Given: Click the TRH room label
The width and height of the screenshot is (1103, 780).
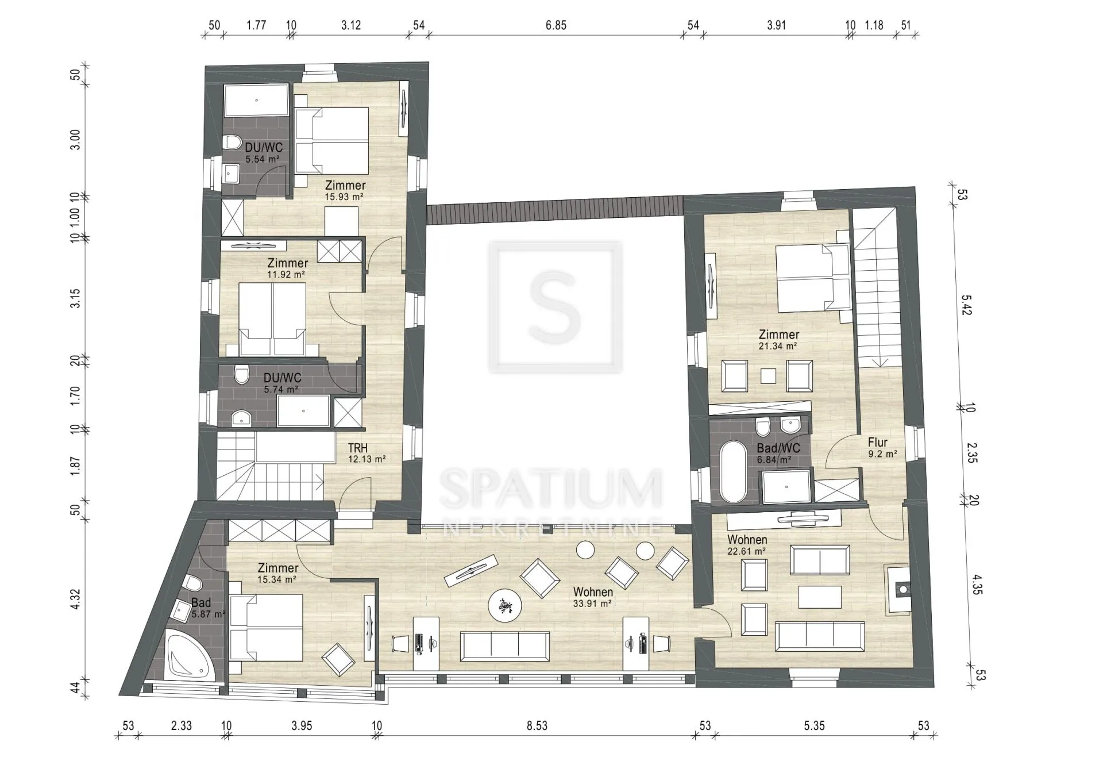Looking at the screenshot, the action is (x=358, y=448).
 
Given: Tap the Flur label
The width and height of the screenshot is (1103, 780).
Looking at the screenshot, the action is (x=878, y=442).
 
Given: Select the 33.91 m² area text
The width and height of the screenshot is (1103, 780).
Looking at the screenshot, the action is (x=592, y=604).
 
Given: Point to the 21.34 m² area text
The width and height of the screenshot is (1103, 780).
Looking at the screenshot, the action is (x=778, y=346).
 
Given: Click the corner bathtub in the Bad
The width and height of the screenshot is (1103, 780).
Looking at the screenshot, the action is (x=190, y=655).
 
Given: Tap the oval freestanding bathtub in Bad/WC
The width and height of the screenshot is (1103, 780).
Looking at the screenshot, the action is (x=734, y=472).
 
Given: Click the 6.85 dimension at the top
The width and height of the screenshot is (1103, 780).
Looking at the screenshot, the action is (x=556, y=25).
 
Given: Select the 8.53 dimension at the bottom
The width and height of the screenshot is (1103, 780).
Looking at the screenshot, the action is (x=537, y=726).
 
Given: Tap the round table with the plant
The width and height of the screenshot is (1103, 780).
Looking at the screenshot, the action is (x=505, y=605).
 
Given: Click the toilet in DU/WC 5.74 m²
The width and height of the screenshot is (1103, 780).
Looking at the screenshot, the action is (x=241, y=375).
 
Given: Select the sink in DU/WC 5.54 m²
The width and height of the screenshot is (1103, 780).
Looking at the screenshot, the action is (x=232, y=171).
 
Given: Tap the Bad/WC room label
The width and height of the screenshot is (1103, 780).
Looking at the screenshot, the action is (x=778, y=448).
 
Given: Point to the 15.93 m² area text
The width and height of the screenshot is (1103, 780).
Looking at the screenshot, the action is (x=344, y=197).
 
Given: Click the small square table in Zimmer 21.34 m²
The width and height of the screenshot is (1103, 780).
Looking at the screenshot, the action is (x=768, y=376).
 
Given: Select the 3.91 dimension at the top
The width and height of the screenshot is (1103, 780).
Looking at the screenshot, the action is (x=776, y=25).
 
